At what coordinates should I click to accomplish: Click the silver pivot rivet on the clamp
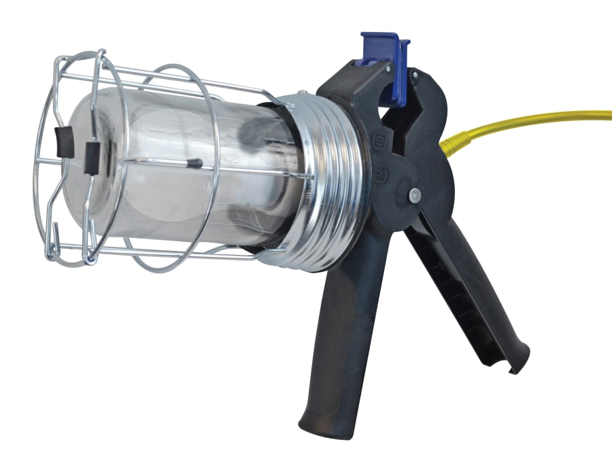click(414, 196)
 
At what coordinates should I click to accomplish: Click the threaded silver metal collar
click(326, 184)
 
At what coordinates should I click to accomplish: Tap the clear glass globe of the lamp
click(184, 170)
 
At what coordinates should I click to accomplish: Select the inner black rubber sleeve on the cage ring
click(91, 158)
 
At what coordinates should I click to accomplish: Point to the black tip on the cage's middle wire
click(194, 164)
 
